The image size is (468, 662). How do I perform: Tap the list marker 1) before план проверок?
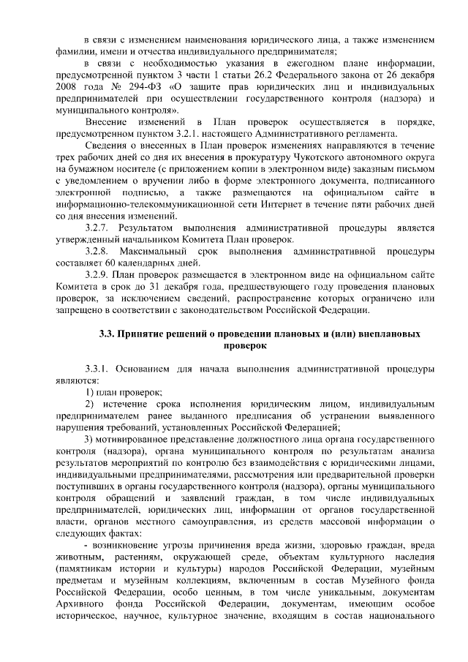(x=90, y=391)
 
